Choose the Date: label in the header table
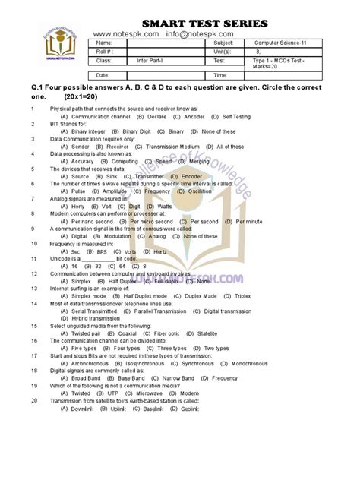pos(104,76)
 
